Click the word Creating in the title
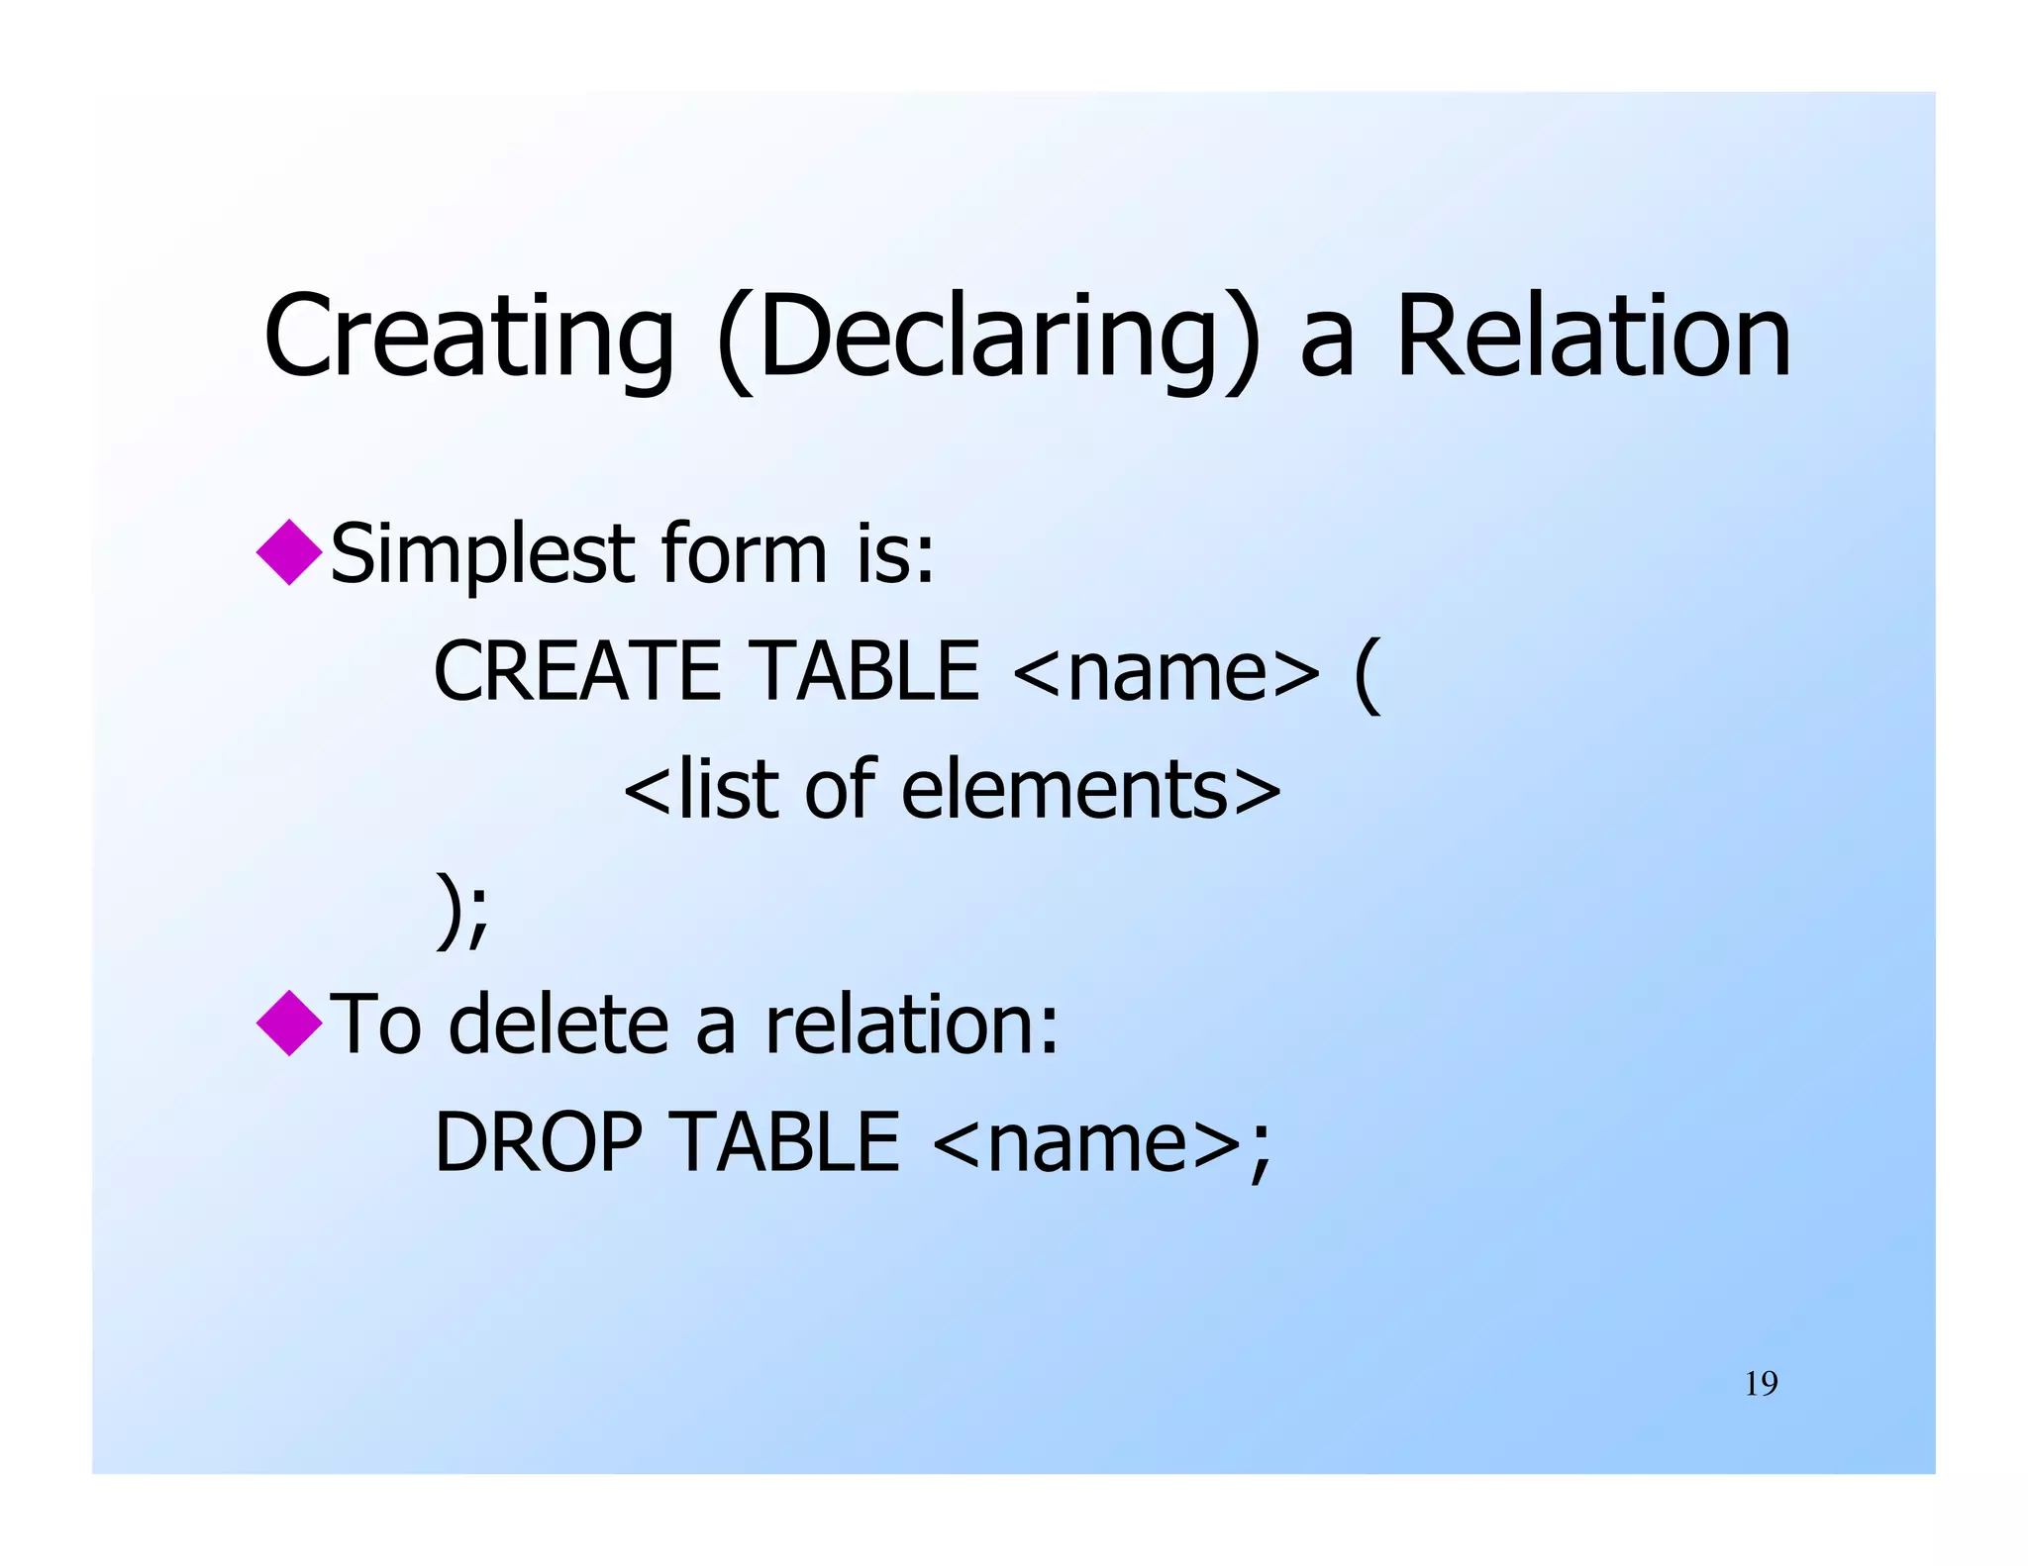tap(468, 337)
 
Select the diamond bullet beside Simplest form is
tap(289, 552)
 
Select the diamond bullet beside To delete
tap(289, 1023)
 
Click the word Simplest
tap(481, 554)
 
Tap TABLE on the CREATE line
tap(864, 671)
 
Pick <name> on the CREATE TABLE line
tap(1166, 673)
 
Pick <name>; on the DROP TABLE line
tap(1101, 1144)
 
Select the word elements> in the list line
tap(1090, 790)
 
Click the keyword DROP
tap(540, 1142)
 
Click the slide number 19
tap(1761, 1383)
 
